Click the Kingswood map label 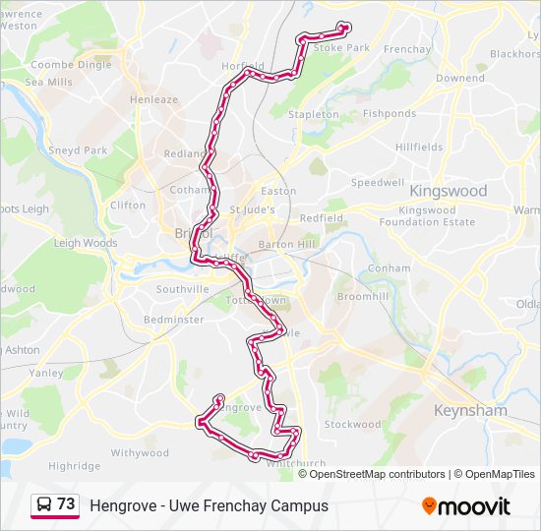448,190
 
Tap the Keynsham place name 471,410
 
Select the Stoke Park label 341,47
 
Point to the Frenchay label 407,49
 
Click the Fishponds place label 390,114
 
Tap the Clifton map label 128,206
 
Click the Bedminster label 174,320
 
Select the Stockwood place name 352,425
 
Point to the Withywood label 140,453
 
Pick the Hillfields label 419,147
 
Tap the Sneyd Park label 79,150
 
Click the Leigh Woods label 86,243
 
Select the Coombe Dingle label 71,65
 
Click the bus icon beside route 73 44,505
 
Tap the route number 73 66,504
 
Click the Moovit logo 466,506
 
